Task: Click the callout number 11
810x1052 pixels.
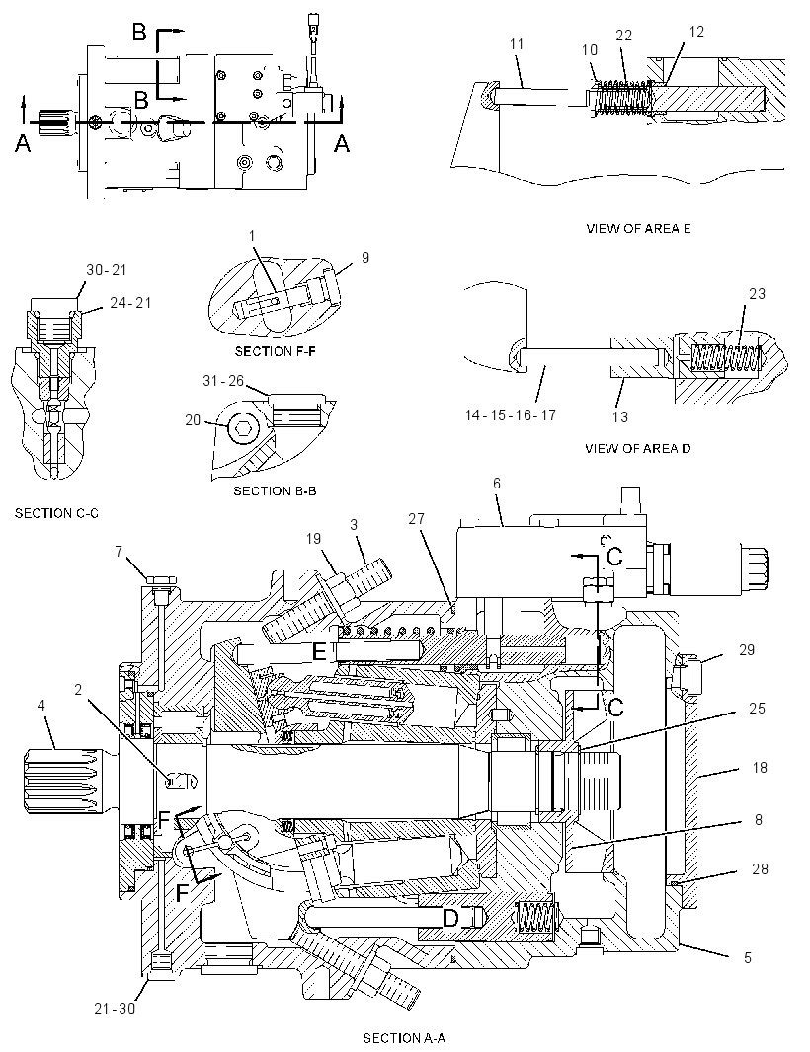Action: [x=517, y=44]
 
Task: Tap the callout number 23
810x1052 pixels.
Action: [x=757, y=294]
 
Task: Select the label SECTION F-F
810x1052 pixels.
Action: [x=275, y=351]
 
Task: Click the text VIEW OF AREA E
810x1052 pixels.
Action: [x=638, y=228]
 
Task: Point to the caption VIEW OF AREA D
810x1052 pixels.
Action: [x=637, y=448]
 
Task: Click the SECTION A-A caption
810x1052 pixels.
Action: [x=404, y=1038]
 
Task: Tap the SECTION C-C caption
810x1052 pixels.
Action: [x=56, y=513]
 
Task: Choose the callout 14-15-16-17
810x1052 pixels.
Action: [x=511, y=415]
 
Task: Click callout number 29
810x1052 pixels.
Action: [x=747, y=650]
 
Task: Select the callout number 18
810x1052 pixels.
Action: [x=760, y=768]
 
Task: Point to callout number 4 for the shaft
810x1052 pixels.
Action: [x=41, y=706]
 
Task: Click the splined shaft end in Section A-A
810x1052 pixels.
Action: [x=66, y=781]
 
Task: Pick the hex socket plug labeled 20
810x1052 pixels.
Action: [x=242, y=426]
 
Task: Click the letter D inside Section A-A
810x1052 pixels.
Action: [x=450, y=918]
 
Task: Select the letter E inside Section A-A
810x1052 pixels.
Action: [x=320, y=650]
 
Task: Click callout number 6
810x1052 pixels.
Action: [x=496, y=483]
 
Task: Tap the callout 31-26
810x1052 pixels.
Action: [x=223, y=380]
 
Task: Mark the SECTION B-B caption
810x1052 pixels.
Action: [x=275, y=491]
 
